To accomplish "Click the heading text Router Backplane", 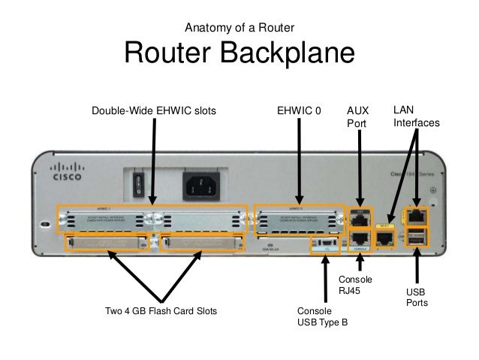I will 239,53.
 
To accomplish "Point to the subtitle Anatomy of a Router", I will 239,29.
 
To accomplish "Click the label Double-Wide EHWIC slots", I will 153,110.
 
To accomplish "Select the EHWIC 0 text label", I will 299,110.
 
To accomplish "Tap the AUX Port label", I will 357,117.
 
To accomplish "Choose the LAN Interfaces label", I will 416,116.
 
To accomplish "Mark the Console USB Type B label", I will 323,316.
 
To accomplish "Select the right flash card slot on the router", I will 203,242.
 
